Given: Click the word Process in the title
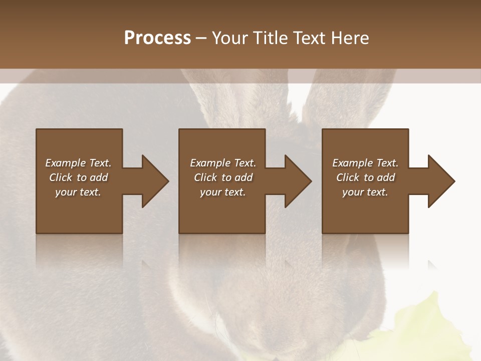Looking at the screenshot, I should (x=157, y=38).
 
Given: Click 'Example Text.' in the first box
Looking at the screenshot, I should (x=78, y=163).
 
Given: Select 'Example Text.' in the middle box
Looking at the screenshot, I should (x=223, y=163).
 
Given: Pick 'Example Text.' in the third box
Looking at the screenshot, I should (x=365, y=163).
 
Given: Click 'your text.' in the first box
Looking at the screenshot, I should (x=78, y=192).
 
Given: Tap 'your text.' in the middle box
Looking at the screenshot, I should (x=223, y=192).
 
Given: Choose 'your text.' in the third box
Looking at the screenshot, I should (x=365, y=192).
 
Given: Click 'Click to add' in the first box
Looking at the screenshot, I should (x=78, y=177).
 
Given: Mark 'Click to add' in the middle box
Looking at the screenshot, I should (x=223, y=177).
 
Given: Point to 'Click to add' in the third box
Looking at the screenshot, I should (x=365, y=177).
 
